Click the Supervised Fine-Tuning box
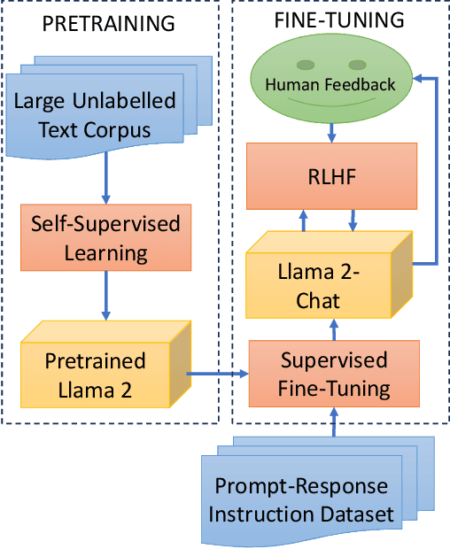pos(333,374)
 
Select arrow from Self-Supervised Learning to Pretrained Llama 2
pos(105,297)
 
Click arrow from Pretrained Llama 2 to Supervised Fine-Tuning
pos(218,375)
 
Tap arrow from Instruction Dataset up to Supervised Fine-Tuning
pos(333,420)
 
